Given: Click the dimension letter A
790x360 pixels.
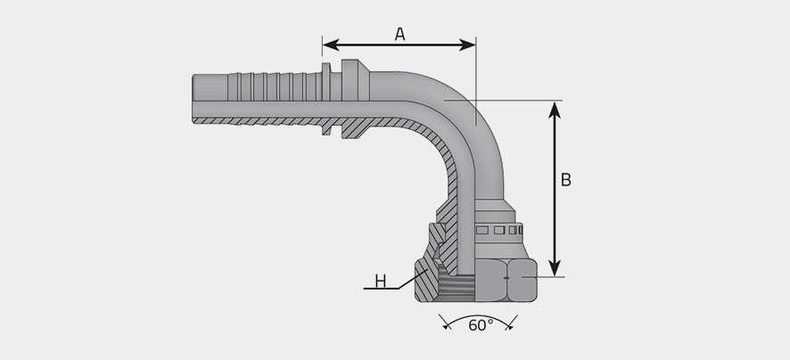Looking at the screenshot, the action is pos(399,34).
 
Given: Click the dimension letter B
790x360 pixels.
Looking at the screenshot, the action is pos(566,180).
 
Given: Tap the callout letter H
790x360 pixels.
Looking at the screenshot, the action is pos(381,281).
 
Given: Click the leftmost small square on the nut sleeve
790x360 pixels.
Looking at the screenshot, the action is pos(482,230).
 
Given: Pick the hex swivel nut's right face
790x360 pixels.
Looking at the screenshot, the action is pos(523,280).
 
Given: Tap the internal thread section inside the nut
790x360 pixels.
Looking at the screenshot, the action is pos(457,288).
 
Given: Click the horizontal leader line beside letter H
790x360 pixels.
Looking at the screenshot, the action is pos(382,289).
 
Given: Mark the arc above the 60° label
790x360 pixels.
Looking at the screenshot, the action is pos(478,318).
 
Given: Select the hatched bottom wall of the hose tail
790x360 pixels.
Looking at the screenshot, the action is pos(257,121).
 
